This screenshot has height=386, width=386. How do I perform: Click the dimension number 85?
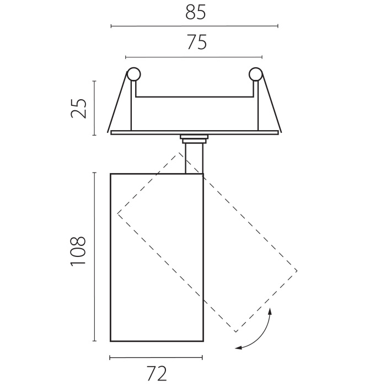coord(195,12)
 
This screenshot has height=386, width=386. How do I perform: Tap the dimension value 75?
coord(197,42)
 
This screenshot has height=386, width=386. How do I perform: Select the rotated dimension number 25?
coord(79,108)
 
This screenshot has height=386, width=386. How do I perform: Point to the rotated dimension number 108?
coord(78,251)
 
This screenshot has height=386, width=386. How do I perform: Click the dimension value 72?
coord(157,374)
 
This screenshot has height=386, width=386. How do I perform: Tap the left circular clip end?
coord(133,74)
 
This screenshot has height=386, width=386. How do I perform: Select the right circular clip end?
coord(255,74)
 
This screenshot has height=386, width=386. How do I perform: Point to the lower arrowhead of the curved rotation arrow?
coord(238,347)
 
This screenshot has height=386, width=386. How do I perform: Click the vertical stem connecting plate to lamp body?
coord(194,159)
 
